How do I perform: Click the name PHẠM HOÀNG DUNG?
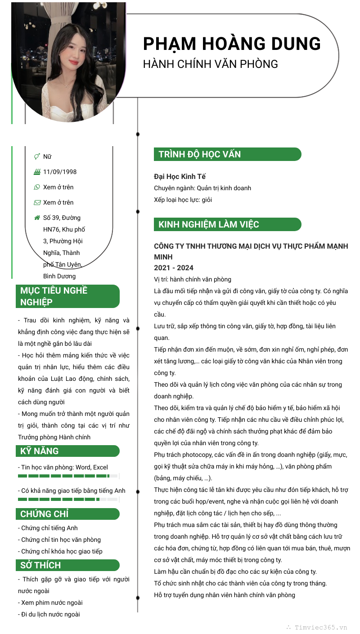coord(232,44)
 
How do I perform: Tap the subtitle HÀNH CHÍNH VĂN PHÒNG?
coord(210,64)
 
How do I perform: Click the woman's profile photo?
coord(68,62)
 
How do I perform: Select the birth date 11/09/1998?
coord(60,172)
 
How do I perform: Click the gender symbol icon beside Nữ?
coord(37,156)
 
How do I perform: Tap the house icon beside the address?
coord(37,218)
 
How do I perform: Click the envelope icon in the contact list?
coord(37,202)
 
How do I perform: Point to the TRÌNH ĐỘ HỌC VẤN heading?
coord(199,154)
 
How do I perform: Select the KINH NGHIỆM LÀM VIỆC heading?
coord(208,224)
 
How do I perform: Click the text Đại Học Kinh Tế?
coord(180,177)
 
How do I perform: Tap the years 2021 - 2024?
coord(174,268)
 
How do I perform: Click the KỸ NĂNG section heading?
coord(40,451)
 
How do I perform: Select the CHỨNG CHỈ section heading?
coord(45,514)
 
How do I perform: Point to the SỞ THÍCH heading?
coord(40,565)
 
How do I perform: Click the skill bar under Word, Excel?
coord(67,476)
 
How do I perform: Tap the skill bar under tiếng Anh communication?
coord(67,499)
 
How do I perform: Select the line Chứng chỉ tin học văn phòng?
coord(61,540)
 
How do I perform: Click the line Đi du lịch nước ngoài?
coord(50,614)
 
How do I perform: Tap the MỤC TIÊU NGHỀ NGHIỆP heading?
coord(54,296)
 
